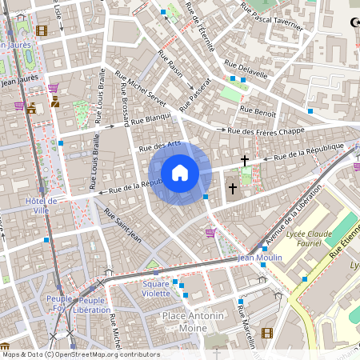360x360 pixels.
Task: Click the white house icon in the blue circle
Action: point(180,172)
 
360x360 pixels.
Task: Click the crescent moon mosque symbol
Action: point(355,22)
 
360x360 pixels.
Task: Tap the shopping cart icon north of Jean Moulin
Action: point(210,233)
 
